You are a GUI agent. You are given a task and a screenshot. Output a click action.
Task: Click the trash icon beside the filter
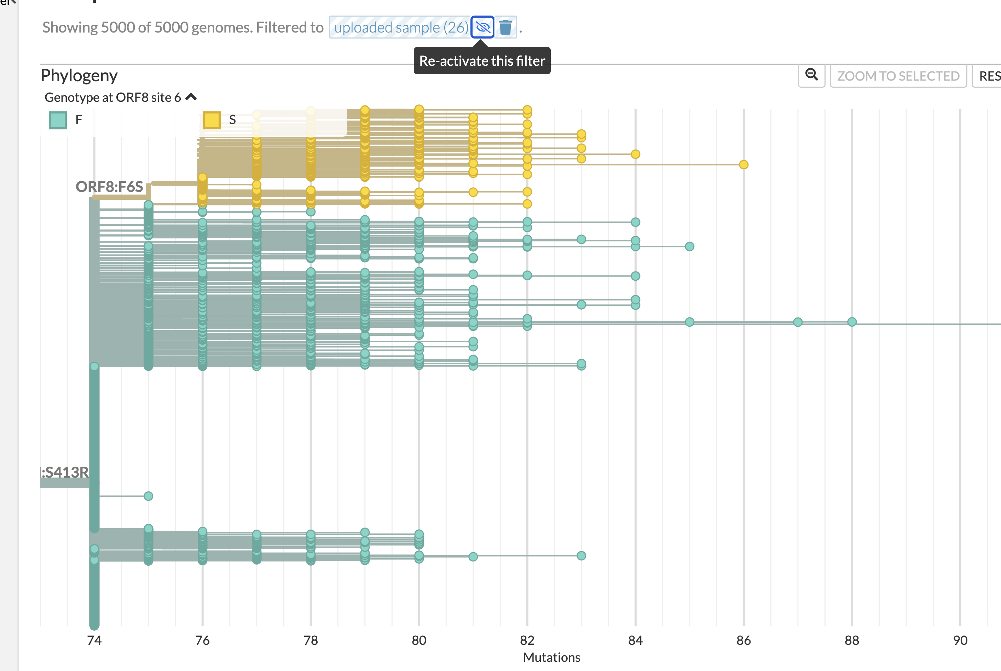(505, 27)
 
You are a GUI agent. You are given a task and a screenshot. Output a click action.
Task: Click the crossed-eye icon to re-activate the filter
(482, 27)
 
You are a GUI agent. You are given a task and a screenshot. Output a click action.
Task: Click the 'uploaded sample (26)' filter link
(401, 27)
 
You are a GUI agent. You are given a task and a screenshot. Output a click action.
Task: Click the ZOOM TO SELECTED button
(898, 76)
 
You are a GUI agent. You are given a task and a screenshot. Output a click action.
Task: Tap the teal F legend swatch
(58, 120)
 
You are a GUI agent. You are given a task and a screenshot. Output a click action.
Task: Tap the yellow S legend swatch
(212, 120)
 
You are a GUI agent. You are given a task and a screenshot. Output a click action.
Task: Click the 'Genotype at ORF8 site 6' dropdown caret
(191, 97)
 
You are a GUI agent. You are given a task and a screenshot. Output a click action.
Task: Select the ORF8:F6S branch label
(109, 187)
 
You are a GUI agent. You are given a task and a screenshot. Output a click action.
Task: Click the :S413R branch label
(65, 472)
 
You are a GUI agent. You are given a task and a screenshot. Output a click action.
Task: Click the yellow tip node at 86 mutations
(744, 165)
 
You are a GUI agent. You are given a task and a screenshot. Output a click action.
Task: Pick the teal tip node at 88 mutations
(852, 322)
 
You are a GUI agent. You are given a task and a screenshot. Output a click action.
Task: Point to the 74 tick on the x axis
(94, 640)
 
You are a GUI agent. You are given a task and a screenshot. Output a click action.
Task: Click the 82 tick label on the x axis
(527, 640)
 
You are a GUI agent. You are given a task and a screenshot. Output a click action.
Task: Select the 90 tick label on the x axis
(960, 640)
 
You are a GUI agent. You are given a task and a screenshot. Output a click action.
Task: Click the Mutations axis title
(551, 657)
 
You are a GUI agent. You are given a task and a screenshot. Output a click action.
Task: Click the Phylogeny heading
(79, 76)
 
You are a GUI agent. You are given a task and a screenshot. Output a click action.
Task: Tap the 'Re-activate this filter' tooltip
(482, 61)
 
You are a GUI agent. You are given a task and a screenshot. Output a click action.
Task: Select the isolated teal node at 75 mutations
(149, 496)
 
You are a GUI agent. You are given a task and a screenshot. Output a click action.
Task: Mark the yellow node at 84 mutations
(635, 154)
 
